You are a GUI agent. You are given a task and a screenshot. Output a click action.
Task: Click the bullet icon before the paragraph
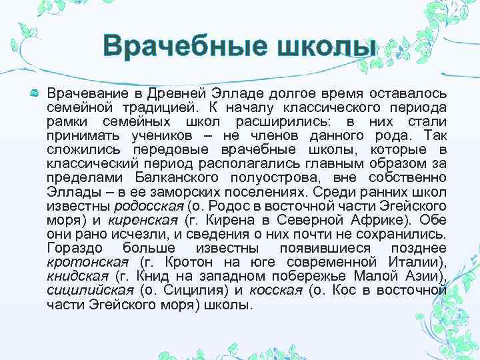34,93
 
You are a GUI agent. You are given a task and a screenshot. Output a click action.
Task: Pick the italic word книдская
77,277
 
